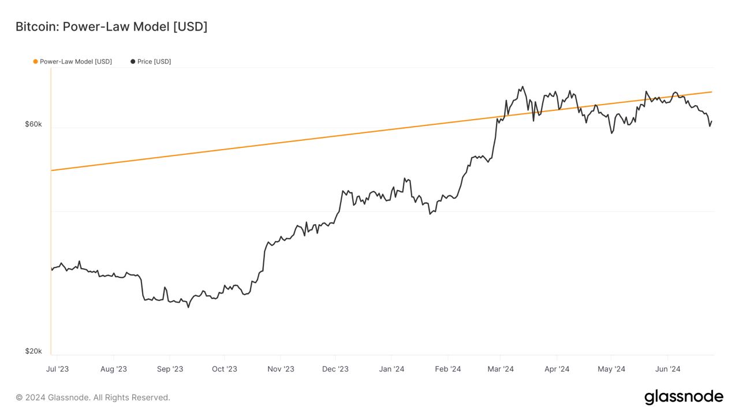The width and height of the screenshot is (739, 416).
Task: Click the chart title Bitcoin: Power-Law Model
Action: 111,27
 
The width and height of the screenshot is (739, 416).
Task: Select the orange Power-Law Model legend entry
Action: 73,62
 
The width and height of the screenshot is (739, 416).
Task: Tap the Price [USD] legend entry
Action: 151,62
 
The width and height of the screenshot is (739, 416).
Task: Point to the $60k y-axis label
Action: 33,124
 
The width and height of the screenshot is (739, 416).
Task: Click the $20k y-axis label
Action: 33,351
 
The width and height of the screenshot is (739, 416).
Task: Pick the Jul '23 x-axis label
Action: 58,369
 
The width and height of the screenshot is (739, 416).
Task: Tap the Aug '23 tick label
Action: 114,369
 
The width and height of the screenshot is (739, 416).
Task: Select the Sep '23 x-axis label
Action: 170,369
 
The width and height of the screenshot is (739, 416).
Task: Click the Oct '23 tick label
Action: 225,369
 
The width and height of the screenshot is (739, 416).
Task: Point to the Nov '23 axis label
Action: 281,369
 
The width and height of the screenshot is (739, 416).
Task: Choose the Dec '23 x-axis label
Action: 335,369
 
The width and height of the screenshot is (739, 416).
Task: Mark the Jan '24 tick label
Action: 391,369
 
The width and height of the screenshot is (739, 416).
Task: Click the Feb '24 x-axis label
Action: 448,369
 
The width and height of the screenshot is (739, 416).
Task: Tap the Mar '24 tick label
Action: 501,369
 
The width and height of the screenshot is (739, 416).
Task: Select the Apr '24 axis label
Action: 557,369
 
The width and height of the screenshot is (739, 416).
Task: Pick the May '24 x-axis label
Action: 611,369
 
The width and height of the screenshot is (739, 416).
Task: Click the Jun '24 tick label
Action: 667,369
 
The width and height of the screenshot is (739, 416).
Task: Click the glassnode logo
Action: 684,397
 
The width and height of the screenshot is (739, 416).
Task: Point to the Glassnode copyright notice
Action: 93,398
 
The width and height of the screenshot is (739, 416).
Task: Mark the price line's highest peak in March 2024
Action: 522,87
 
